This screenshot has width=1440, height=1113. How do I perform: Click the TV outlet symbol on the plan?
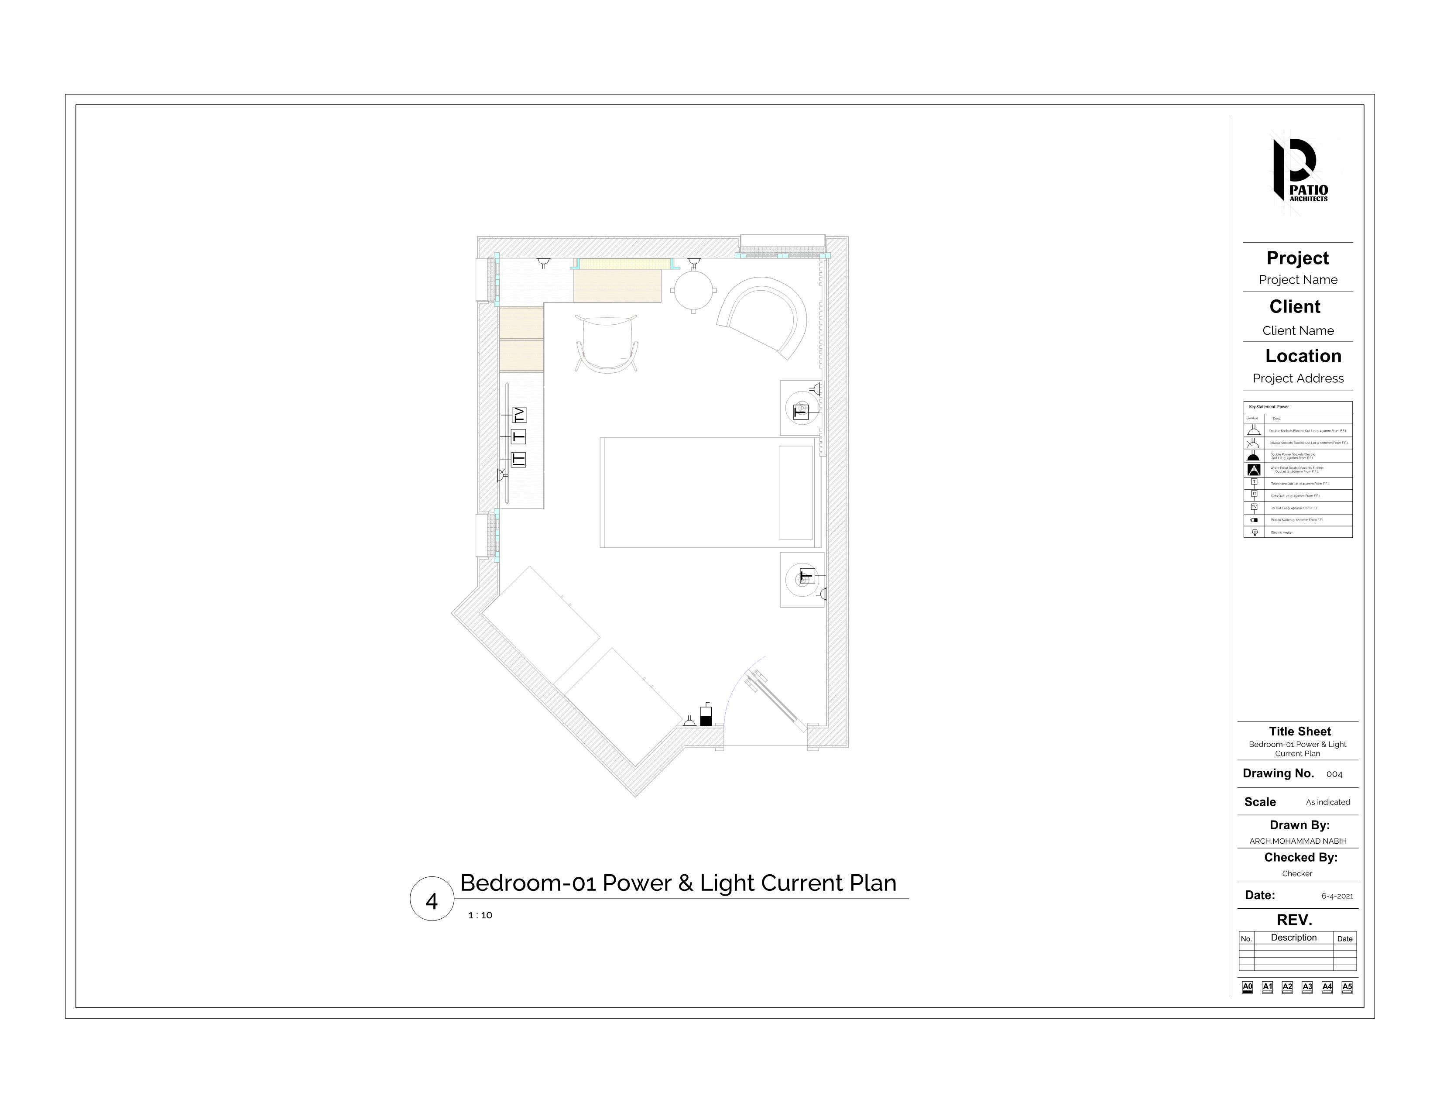[520, 415]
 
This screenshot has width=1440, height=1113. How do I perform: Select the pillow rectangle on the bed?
[796, 492]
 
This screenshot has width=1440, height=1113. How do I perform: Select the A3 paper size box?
[1307, 987]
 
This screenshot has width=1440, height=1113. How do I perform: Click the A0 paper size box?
[1247, 987]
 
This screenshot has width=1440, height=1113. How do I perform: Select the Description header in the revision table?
[1293, 938]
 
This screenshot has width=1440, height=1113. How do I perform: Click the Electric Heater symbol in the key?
[1254, 532]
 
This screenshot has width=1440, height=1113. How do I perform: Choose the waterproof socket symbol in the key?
[1253, 470]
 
